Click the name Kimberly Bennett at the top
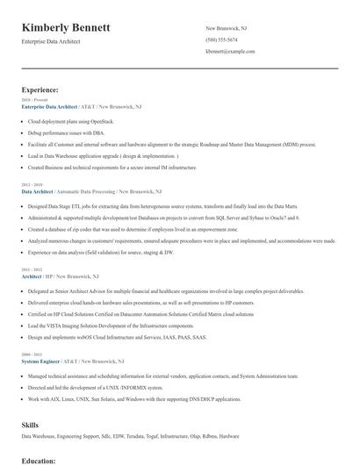tap(66, 28)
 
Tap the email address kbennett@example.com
tap(230, 53)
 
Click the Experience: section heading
tap(40, 89)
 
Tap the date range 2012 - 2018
tap(31, 184)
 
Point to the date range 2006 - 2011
tap(31, 354)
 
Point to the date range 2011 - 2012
tap(31, 269)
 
